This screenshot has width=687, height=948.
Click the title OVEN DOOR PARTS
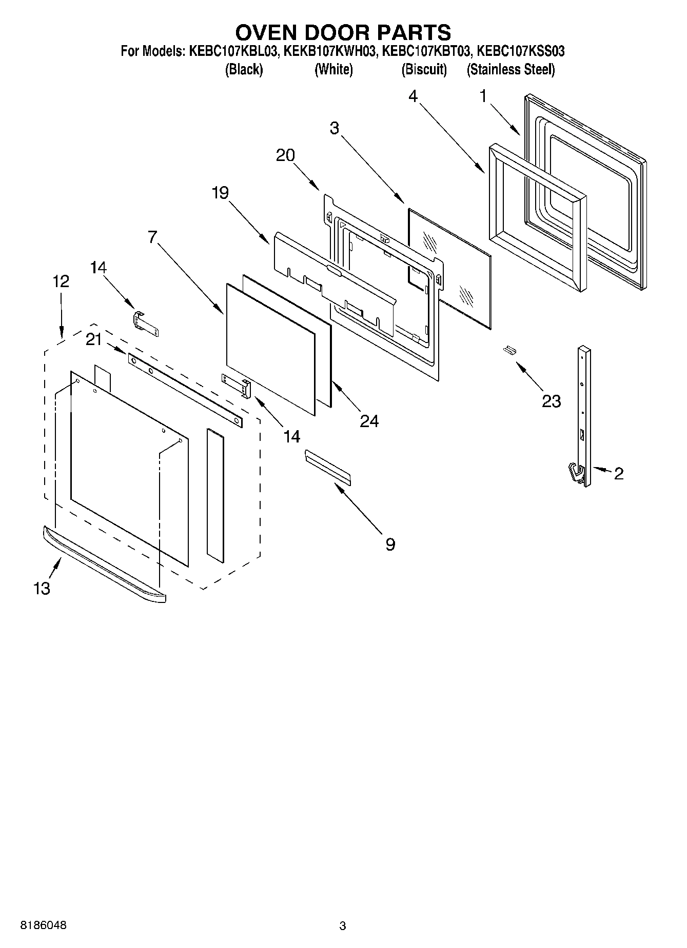[343, 32]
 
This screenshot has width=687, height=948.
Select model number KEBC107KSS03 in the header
[521, 51]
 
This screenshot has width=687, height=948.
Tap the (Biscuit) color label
[424, 70]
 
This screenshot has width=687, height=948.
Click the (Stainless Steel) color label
[511, 70]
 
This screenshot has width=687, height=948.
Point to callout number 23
[551, 401]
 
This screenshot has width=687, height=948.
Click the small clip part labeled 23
[509, 350]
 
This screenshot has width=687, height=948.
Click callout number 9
[390, 544]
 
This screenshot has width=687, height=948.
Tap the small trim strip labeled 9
[328, 467]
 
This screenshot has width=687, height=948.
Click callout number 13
[42, 589]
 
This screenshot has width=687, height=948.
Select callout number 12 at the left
[61, 281]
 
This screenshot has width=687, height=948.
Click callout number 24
[369, 421]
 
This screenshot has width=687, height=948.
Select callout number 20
[285, 155]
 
